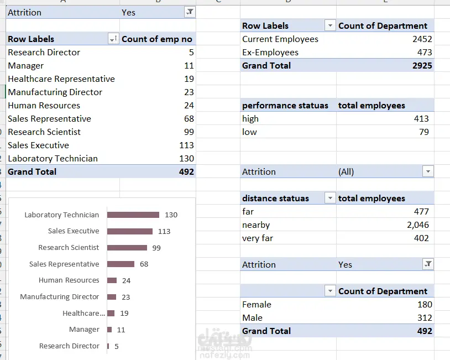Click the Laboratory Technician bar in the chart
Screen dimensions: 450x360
click(133, 215)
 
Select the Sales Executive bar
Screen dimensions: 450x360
click(130, 231)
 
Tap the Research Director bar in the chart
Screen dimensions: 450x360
click(108, 346)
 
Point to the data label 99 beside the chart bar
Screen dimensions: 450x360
click(156, 248)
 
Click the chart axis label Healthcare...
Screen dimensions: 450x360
click(84, 313)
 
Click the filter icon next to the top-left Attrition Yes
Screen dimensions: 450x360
click(190, 12)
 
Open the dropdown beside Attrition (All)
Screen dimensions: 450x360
click(428, 171)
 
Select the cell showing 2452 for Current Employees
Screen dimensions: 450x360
click(422, 39)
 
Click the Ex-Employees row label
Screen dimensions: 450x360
click(270, 52)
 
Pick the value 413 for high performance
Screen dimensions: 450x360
click(421, 118)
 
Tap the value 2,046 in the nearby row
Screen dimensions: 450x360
click(418, 225)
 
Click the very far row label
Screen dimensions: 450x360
click(258, 238)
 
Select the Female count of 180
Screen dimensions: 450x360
click(425, 304)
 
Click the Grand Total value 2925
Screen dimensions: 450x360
click(422, 66)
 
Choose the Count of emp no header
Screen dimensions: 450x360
click(157, 39)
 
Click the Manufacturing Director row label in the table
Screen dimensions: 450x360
click(55, 92)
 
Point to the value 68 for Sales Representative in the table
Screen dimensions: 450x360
click(189, 118)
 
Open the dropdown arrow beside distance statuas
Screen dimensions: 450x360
click(330, 198)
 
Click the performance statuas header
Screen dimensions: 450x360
click(285, 106)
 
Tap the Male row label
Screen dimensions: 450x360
click(252, 318)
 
